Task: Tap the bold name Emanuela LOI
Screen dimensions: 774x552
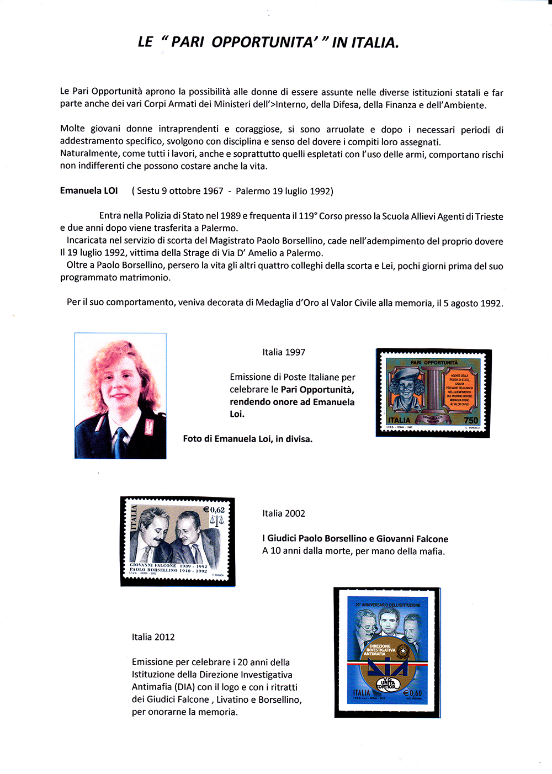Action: pyautogui.click(x=89, y=190)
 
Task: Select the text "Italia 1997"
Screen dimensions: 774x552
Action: pyautogui.click(x=284, y=352)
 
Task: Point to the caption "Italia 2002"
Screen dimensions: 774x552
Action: pyautogui.click(x=284, y=513)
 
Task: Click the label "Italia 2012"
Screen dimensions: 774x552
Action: pyautogui.click(x=153, y=637)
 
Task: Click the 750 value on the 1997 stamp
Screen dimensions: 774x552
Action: pyautogui.click(x=471, y=420)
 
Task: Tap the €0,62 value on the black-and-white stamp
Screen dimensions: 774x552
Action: pyautogui.click(x=214, y=510)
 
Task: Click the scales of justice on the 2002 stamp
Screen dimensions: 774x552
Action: pyautogui.click(x=216, y=521)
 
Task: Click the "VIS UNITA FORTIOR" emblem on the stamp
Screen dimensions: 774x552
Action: pyautogui.click(x=388, y=683)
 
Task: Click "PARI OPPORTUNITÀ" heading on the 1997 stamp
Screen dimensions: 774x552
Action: pyautogui.click(x=434, y=363)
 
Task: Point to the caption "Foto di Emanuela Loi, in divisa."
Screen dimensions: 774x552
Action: pyautogui.click(x=248, y=439)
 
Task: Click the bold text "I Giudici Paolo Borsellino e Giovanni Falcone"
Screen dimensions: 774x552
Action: pyautogui.click(x=355, y=539)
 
